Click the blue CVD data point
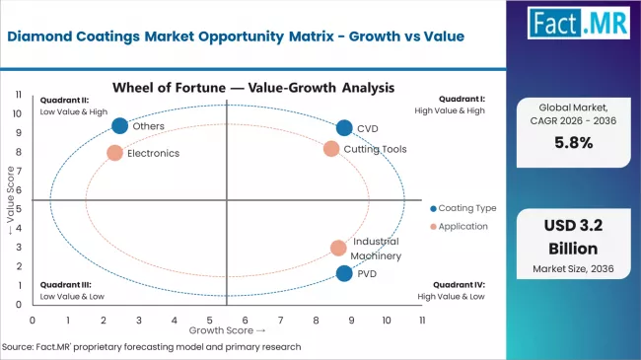click(343, 128)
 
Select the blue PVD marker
click(343, 273)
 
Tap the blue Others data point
click(120, 125)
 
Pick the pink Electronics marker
click(114, 153)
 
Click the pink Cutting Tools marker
click(331, 149)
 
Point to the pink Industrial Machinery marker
click(338, 249)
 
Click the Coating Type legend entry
click(463, 208)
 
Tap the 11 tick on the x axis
click(421, 321)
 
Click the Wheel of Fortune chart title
click(254, 87)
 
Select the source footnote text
click(151, 347)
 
